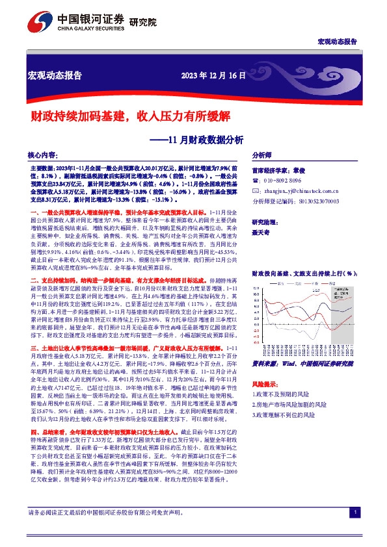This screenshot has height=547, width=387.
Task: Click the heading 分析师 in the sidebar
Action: [x=262, y=156]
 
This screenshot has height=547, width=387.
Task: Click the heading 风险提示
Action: [x=265, y=385]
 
